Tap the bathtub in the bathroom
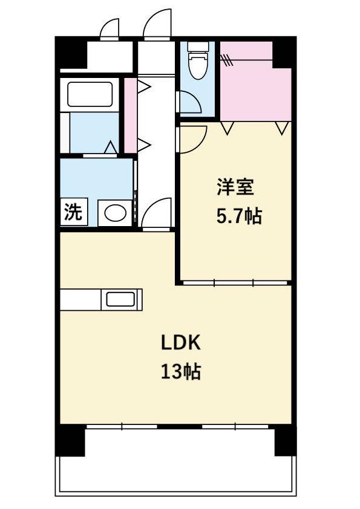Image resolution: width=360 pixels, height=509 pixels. point(90,94)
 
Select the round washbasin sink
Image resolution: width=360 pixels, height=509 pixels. point(115,213)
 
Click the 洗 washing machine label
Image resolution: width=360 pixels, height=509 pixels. point(74,212)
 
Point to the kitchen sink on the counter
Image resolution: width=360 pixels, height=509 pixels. point(120,299)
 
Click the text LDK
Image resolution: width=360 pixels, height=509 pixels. point(181,343)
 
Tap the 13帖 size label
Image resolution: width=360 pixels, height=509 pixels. point(181,372)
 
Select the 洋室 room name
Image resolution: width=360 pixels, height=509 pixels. point(235,187)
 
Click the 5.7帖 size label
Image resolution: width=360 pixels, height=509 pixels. point(239,216)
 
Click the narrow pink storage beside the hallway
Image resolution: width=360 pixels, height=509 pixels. point(130,115)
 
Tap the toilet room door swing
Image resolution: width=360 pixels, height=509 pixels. point(190,102)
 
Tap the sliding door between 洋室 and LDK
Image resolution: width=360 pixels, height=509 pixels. point(235,283)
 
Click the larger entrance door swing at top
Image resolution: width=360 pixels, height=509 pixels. point(157,24)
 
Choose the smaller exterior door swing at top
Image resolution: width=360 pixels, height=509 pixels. point(110,28)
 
